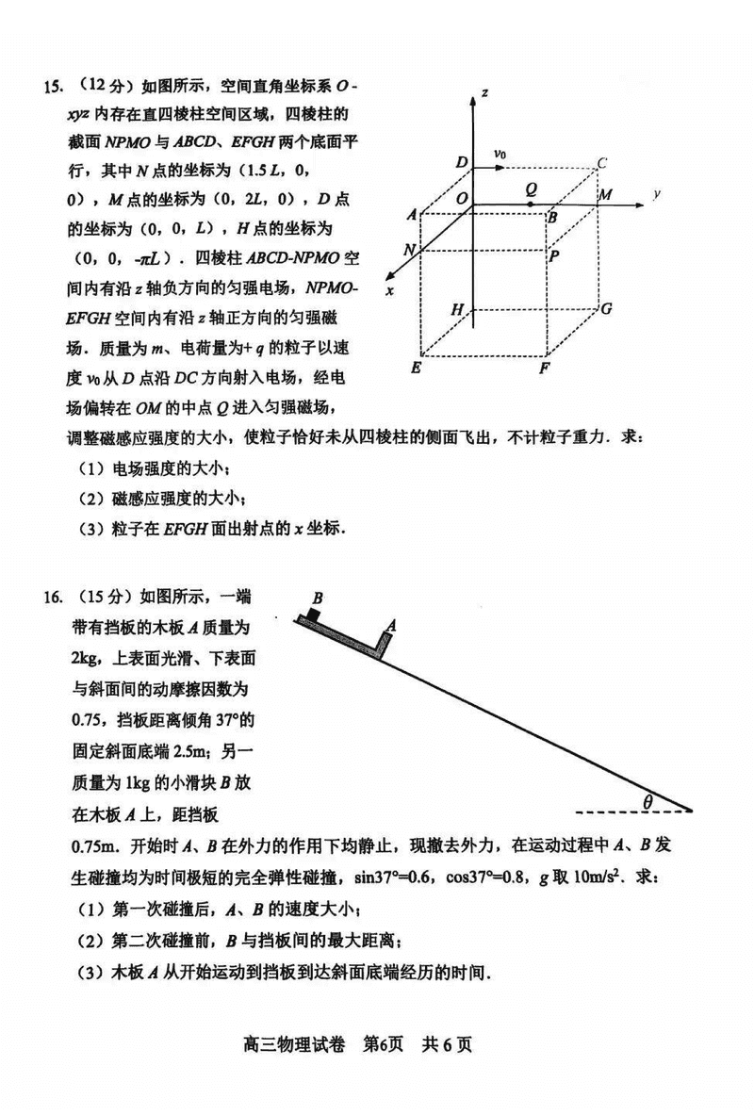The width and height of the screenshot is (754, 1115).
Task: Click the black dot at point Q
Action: click(532, 204)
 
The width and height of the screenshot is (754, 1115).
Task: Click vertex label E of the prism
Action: click(415, 369)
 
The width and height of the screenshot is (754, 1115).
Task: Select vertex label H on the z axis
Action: click(457, 309)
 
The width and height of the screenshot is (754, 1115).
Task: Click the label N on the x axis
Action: click(408, 250)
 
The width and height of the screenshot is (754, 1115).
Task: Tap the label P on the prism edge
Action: click(555, 254)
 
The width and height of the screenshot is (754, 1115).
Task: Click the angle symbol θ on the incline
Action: click(647, 802)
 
